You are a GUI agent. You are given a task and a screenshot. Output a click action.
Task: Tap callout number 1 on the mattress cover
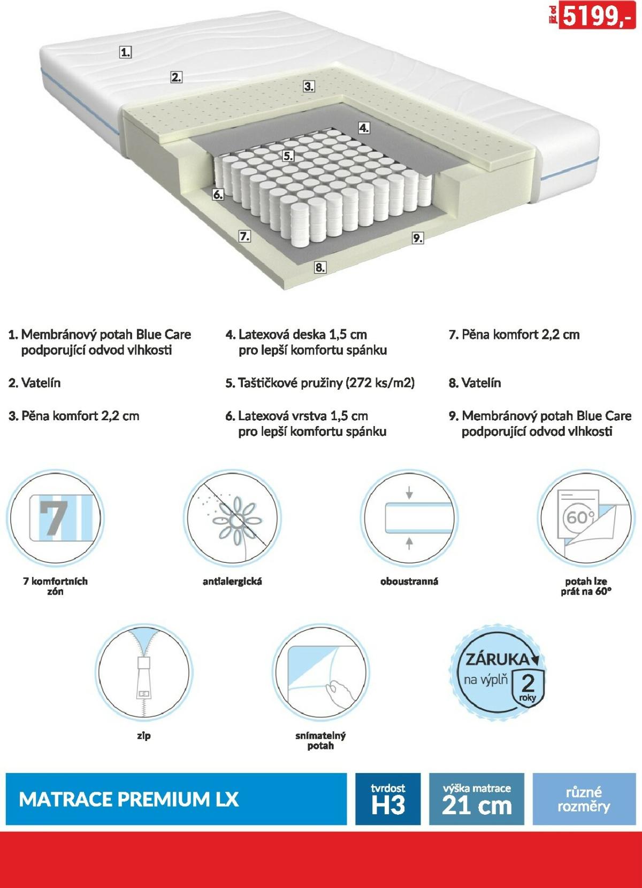pyautogui.click(x=125, y=52)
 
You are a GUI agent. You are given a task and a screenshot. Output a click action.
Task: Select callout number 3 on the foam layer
pyautogui.click(x=309, y=86)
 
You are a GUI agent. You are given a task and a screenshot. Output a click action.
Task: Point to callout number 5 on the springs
pyautogui.click(x=288, y=156)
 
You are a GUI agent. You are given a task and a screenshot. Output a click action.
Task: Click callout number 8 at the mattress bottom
pyautogui.click(x=320, y=267)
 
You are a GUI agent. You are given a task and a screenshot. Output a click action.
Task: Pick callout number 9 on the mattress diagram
pyautogui.click(x=417, y=238)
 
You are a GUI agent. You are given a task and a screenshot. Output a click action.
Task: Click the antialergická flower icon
pyautogui.click(x=233, y=518)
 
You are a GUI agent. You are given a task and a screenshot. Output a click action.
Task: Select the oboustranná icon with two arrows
pyautogui.click(x=409, y=518)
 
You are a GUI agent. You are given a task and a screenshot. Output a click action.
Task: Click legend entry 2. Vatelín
pyautogui.click(x=35, y=383)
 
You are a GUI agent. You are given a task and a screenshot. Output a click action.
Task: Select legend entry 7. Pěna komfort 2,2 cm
pyautogui.click(x=514, y=335)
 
